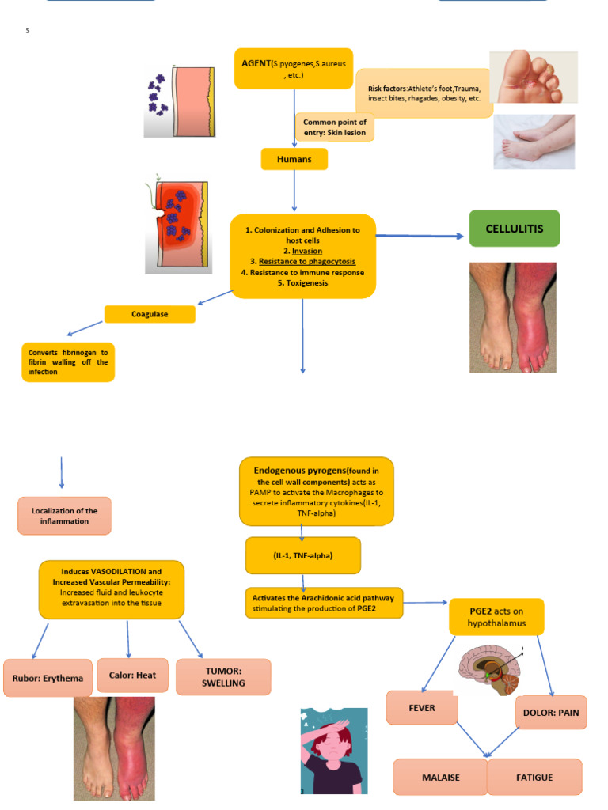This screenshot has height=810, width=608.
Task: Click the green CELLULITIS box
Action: coord(514,229)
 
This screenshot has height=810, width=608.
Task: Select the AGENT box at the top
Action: coord(294,68)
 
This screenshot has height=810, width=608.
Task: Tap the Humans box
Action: coord(294,159)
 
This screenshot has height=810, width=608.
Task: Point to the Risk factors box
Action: coord(424,93)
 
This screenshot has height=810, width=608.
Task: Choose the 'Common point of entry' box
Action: coord(334,127)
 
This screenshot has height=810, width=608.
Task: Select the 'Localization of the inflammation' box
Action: coord(65,516)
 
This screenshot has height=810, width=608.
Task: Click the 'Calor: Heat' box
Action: coord(127,676)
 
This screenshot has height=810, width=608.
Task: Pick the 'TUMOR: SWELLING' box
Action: coord(223,677)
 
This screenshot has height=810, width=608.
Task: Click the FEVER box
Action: coord(422,707)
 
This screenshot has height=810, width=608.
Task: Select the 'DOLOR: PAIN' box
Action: coord(551,713)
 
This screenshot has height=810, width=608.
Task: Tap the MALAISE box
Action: coord(439,777)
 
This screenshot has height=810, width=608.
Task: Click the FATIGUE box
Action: coord(535,777)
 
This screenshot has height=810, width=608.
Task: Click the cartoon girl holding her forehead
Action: coord(333,751)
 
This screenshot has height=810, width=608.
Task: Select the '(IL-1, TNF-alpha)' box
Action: coord(303,555)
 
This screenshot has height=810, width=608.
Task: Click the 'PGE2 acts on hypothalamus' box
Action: coord(496,617)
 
